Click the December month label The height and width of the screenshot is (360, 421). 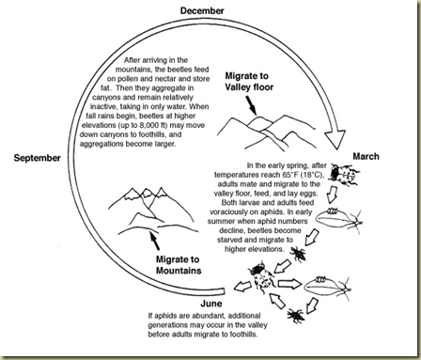(202, 10)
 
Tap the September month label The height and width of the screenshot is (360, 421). (38, 158)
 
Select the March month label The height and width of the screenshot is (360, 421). (366, 156)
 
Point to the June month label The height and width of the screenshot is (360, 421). (211, 304)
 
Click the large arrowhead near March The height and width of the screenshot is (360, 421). (335, 139)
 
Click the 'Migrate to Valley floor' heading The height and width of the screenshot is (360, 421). (249, 82)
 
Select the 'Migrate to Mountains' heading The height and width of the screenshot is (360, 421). (179, 265)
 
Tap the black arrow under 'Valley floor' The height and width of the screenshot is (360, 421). (252, 105)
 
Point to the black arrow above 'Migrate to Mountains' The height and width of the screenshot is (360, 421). (155, 241)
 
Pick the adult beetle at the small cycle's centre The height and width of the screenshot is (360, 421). (261, 274)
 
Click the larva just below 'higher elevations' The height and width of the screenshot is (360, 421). (298, 254)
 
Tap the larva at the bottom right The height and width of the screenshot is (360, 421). (295, 316)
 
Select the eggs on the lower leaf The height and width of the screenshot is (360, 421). (320, 278)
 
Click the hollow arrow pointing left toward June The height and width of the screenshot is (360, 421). (242, 287)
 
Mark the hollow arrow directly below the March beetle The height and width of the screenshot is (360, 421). (333, 195)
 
